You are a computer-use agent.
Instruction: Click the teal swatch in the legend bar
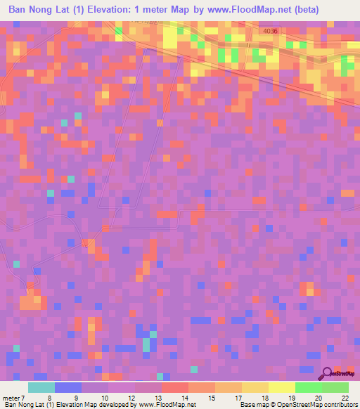coord(41,387)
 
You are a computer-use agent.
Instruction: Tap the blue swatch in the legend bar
coord(67,387)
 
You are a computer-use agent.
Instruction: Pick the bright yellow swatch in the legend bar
coord(281,387)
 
